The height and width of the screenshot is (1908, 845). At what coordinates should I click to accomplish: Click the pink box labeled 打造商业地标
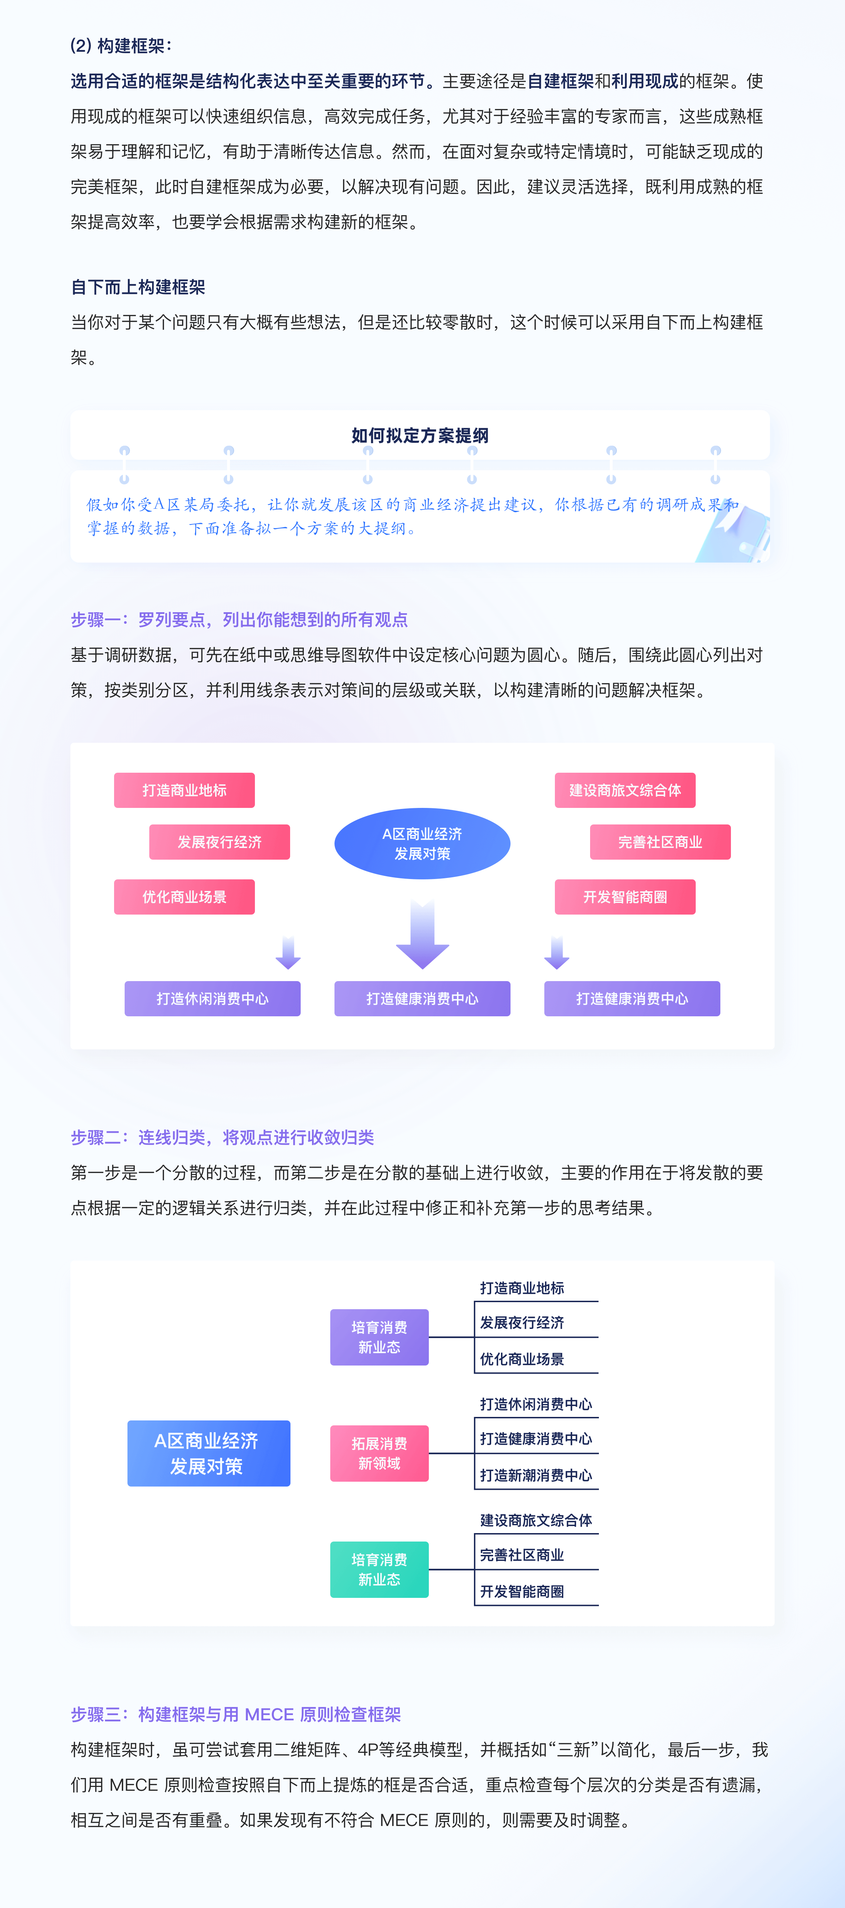point(184,790)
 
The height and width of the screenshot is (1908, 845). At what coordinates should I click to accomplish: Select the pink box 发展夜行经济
point(219,842)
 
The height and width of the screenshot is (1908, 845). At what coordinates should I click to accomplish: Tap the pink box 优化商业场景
point(184,897)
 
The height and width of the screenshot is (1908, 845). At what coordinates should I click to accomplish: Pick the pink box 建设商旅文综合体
point(625,790)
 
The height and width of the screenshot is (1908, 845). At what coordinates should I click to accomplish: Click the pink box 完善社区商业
point(660,842)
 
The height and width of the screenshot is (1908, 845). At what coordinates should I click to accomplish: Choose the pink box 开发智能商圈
point(625,897)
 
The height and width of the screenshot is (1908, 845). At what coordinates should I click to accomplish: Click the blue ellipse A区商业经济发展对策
point(422,843)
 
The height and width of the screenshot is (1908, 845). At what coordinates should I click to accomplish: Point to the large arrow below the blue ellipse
point(422,935)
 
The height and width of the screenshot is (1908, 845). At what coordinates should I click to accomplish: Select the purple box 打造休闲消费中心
point(213,998)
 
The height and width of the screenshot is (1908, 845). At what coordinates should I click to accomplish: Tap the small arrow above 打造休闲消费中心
point(288,953)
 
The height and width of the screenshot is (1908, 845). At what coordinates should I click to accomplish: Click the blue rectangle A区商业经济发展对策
point(209,1453)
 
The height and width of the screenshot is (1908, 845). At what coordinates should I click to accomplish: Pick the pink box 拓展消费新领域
point(379,1453)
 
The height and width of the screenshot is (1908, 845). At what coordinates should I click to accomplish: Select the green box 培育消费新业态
point(379,1569)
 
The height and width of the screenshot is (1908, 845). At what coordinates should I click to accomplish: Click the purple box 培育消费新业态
point(379,1337)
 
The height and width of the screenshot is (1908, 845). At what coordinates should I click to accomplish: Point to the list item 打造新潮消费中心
point(536,1475)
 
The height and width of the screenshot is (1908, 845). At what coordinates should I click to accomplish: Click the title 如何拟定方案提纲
point(420,435)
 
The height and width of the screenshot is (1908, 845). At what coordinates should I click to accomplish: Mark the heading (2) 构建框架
point(121,46)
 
